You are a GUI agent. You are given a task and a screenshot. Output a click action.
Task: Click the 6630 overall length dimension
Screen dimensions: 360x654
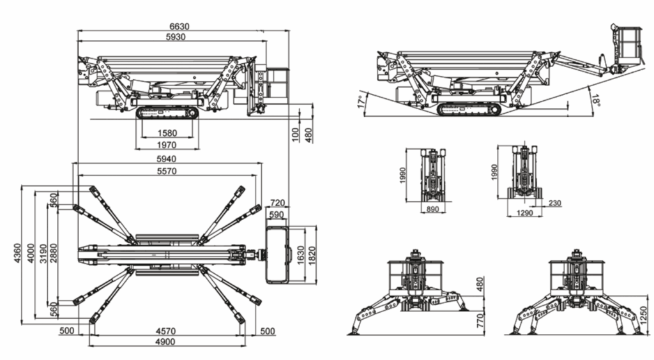[179, 27]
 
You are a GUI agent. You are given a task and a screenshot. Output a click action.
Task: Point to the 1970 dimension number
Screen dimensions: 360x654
[166, 145]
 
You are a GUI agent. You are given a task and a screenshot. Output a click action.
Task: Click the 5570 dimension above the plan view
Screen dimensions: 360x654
[167, 171]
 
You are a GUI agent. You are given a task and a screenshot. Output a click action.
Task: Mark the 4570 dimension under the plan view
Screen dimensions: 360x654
[167, 331]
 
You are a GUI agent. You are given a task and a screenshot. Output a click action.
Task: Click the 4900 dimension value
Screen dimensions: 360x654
[167, 342]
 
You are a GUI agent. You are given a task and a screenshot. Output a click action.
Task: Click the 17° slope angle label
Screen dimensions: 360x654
[361, 102]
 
